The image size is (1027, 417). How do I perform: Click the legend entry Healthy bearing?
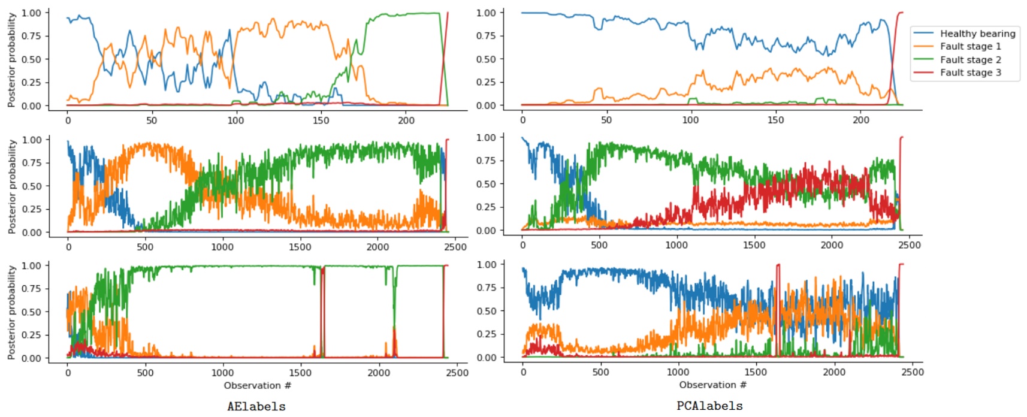977,34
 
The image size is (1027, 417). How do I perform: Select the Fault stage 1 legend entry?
970,47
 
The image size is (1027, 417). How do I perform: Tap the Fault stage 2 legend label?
970,60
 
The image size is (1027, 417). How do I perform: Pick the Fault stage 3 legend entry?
970,72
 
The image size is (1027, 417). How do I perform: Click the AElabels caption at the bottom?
256,406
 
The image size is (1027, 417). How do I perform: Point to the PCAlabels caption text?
709,406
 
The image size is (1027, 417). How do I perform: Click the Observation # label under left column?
258,385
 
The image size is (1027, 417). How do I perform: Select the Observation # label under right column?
712,385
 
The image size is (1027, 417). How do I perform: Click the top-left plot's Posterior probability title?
11,60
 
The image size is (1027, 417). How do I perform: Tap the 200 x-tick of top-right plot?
860,120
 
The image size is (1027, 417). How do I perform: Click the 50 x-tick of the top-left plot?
152,120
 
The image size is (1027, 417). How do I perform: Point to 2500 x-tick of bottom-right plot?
912,372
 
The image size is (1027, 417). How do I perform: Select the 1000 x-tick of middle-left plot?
222,247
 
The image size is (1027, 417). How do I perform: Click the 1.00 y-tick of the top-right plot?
486,13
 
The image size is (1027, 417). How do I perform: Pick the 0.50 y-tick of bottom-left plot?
32,312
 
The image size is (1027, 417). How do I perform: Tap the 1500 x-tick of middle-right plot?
754,245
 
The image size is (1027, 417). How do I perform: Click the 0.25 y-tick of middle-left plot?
32,209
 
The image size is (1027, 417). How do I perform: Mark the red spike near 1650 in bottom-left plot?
322,300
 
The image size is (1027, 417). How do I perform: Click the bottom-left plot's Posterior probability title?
11,312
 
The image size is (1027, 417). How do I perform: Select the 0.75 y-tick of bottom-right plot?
486,288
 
